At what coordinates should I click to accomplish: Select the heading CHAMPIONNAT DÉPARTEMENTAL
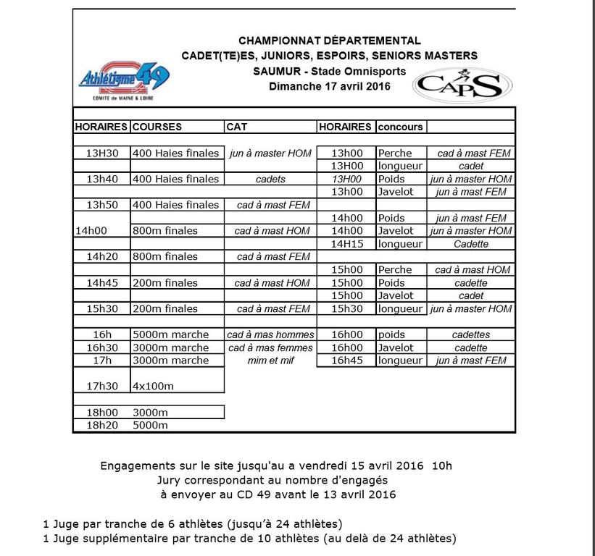tap(330, 41)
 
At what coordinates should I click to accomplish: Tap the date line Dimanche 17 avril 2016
tap(330, 86)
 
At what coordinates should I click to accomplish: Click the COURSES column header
tap(157, 127)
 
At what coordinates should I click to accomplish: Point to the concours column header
tap(400, 127)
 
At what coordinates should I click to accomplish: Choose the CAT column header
tap(237, 127)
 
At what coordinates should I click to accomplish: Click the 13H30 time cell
tap(101, 153)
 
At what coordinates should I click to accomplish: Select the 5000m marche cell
tap(171, 334)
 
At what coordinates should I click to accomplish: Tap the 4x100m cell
tap(154, 386)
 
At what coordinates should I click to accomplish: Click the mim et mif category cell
tap(270, 361)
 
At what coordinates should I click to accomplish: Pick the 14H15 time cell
tap(346, 244)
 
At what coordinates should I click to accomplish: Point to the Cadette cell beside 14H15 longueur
tap(470, 244)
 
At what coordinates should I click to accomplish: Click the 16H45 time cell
tap(346, 361)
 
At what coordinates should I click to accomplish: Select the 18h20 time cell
tap(101, 425)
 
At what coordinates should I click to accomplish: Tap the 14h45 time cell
tap(101, 283)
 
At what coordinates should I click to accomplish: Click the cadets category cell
tap(270, 179)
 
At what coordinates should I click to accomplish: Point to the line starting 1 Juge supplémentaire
tap(250, 538)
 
